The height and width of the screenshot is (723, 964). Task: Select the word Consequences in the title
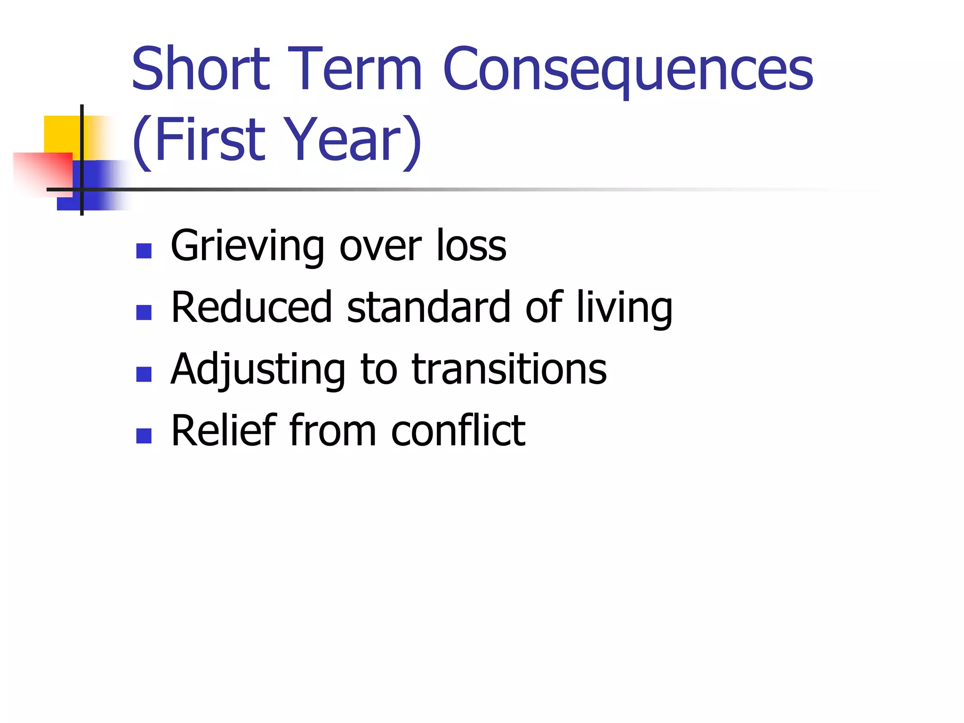628,71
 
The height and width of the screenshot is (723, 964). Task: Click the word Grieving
248,246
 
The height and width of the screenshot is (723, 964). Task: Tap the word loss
471,246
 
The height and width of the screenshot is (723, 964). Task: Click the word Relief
224,430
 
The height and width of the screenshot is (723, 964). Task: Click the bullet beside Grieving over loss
144,251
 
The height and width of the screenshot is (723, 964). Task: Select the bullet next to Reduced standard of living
144,313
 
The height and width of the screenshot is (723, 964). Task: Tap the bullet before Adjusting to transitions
144,374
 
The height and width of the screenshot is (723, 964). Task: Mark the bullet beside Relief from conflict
144,436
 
